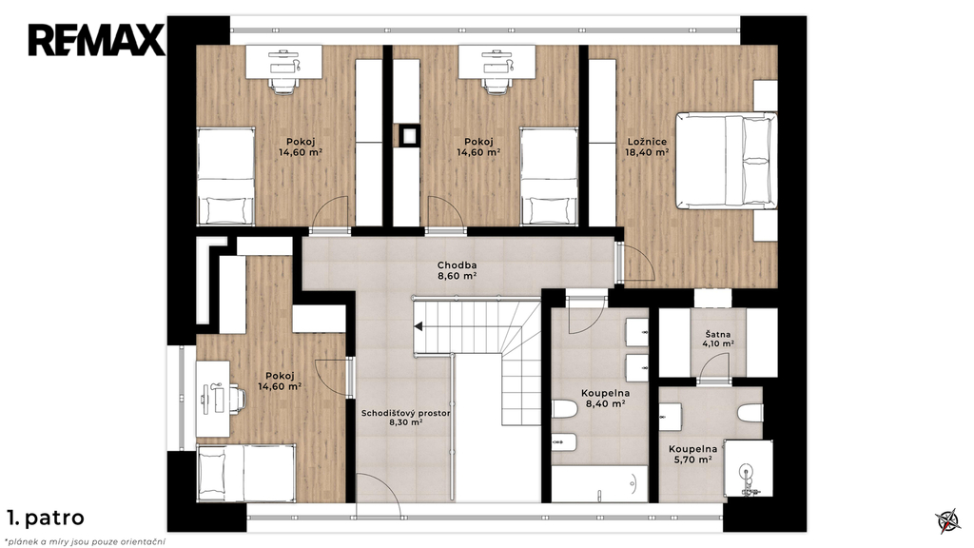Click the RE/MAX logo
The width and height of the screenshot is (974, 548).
96,40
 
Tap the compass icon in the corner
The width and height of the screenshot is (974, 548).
948,520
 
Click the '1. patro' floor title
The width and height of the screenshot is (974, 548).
46,518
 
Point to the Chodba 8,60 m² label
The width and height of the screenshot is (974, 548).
457,271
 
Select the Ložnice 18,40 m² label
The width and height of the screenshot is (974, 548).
647,147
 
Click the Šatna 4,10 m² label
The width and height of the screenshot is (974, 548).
718,339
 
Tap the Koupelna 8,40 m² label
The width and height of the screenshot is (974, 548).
605,399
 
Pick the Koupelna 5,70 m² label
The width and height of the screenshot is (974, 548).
692,454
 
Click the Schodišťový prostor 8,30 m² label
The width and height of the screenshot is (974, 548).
405,418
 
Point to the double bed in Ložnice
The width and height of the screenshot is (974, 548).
726,160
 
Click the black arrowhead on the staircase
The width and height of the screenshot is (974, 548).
419,326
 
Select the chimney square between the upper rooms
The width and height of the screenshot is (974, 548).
409,135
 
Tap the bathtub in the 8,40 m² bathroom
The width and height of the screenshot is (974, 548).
600,483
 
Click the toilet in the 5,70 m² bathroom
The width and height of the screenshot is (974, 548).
750,413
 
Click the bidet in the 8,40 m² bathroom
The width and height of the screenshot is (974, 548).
564,443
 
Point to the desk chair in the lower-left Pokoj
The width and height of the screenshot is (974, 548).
234,399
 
